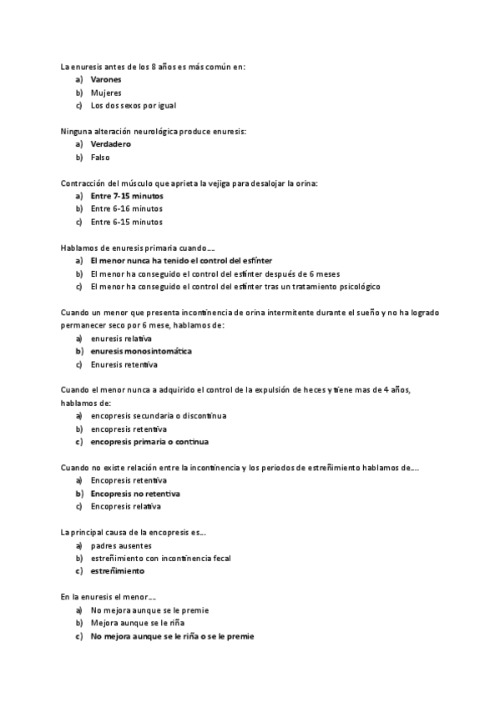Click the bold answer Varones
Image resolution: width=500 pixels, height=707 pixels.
[106, 79]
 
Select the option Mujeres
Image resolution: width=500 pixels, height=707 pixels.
[106, 93]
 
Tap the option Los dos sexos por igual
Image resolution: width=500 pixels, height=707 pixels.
[134, 106]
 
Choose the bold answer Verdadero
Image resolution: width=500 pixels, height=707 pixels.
[111, 144]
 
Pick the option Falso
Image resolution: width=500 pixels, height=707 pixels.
[100, 158]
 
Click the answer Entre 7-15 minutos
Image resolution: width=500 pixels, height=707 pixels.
[127, 196]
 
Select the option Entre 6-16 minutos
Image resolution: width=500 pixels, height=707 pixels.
[127, 208]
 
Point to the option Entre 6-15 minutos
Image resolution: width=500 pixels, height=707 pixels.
[127, 222]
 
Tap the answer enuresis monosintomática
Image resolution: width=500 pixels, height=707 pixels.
[141, 351]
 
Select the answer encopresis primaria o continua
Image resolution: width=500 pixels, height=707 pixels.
[149, 442]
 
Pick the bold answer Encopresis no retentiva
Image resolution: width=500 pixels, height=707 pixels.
[135, 494]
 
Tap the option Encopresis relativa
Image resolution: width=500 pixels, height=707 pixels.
[126, 506]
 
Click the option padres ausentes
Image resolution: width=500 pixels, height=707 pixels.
[121, 545]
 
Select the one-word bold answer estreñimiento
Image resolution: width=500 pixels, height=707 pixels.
[118, 571]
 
